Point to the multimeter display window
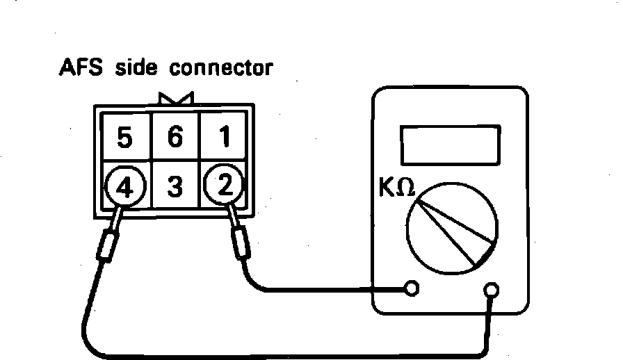point(451,144)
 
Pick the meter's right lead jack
point(492,289)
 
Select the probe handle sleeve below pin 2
point(241,245)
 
